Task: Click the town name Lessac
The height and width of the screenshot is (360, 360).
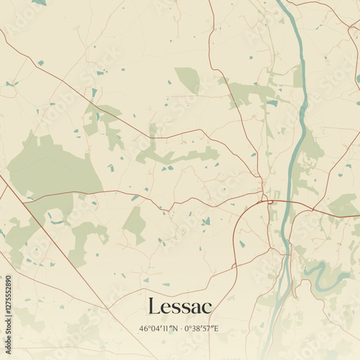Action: tap(180, 306)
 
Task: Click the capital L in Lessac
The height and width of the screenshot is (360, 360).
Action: tap(153, 306)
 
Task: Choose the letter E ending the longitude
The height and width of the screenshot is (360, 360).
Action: tap(216, 329)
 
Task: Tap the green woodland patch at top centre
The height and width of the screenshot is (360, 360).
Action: tap(188, 79)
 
